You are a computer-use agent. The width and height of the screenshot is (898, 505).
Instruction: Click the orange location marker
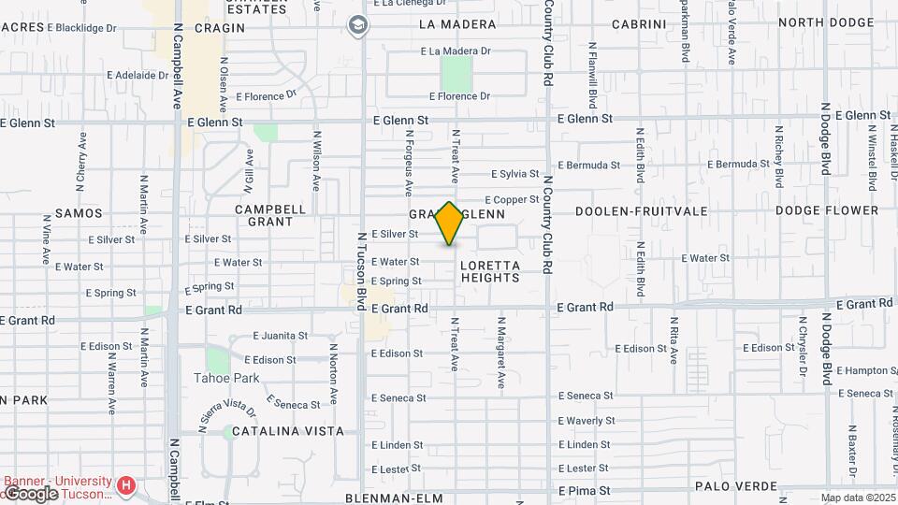pos(449,224)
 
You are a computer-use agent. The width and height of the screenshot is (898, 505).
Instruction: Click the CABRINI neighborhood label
pos(639,24)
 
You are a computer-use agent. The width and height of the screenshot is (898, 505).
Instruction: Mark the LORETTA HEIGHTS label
pos(490,271)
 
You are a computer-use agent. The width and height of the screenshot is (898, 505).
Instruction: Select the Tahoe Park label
pos(226,378)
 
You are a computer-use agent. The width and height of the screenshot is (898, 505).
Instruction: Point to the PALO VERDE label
pos(737,487)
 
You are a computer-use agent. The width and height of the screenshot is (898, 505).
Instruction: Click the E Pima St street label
pos(585,490)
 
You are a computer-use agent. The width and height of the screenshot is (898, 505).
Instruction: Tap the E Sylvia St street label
pos(514,174)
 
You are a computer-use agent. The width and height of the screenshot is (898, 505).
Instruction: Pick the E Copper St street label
pos(512,199)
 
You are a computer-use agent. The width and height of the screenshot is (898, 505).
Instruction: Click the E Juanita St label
pos(281,336)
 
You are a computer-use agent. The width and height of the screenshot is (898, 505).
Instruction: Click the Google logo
pos(30,493)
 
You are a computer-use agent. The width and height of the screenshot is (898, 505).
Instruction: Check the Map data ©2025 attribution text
pos(858,498)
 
